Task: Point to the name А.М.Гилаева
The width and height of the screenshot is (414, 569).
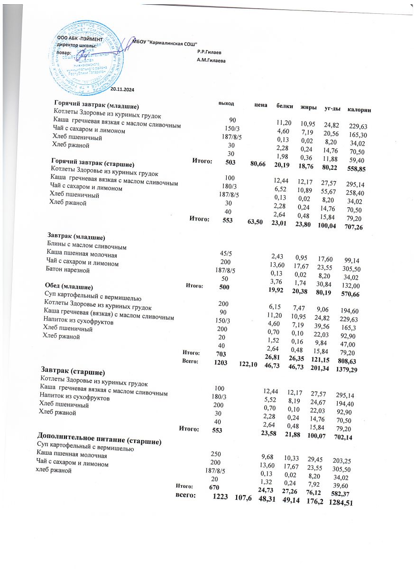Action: (211, 61)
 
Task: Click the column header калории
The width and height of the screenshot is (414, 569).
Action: (359, 110)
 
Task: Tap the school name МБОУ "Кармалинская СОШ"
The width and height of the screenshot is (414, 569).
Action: (168, 42)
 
